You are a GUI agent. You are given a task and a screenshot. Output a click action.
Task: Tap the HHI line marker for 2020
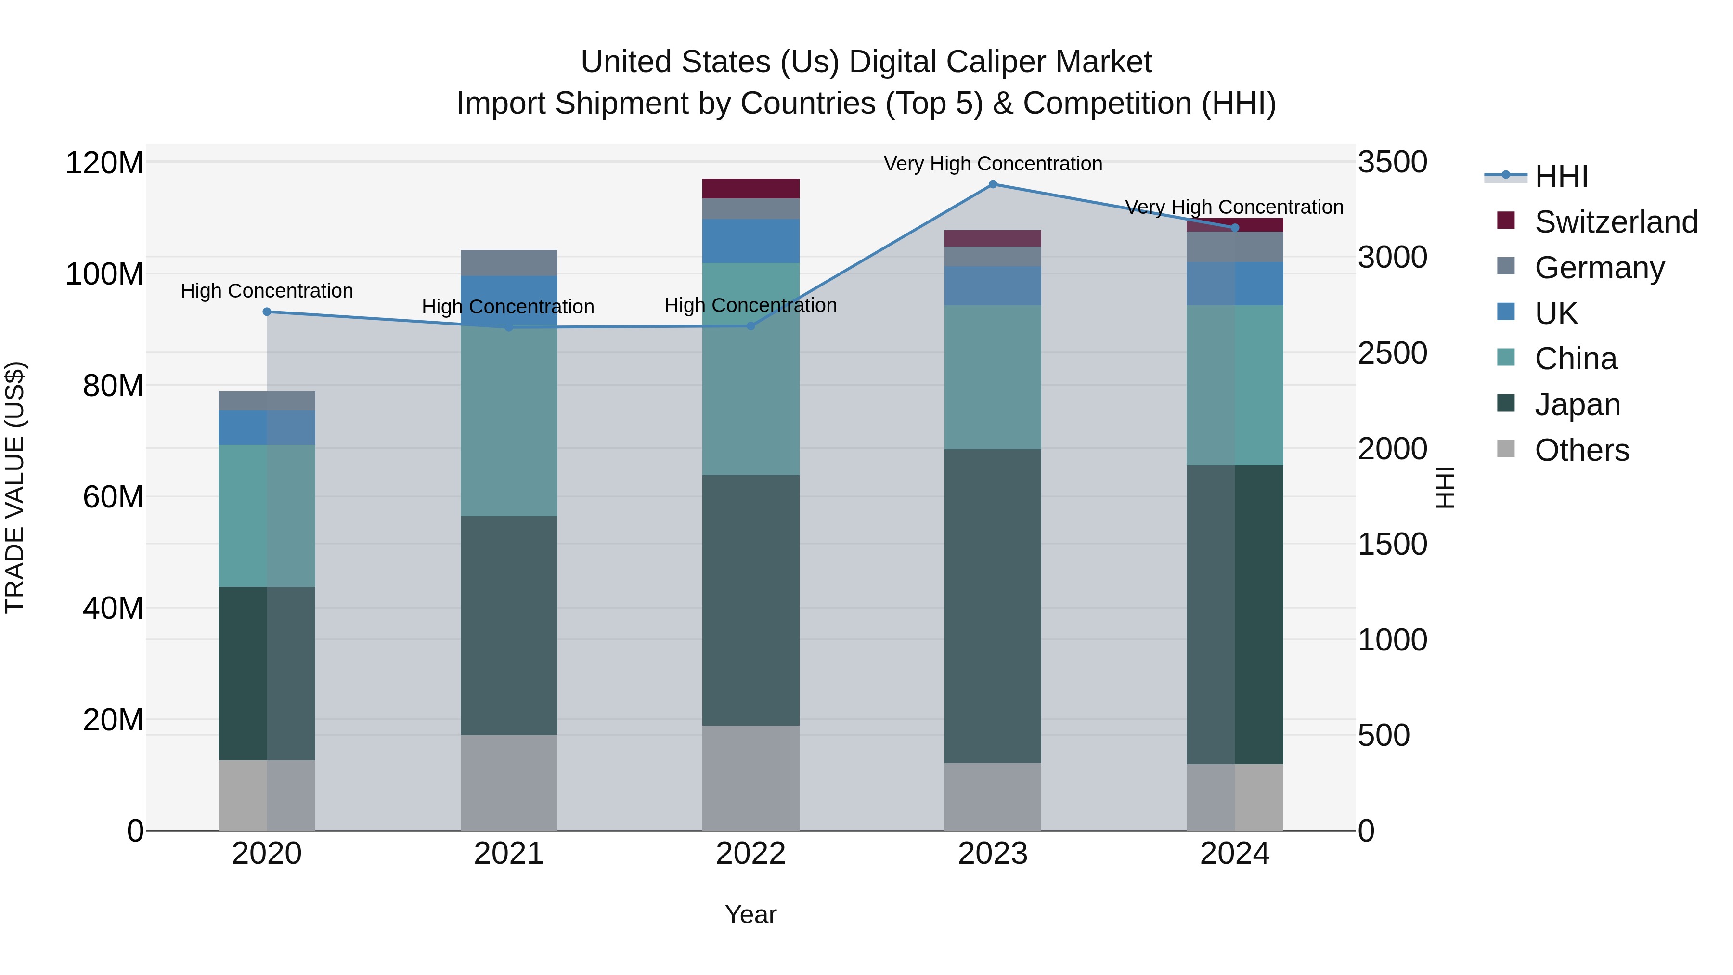click(x=267, y=312)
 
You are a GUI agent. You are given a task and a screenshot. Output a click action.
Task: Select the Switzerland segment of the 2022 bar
click(x=751, y=188)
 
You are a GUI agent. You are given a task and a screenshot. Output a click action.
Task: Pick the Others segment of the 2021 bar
click(x=509, y=782)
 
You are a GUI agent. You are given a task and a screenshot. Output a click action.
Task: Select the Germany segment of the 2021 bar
click(x=509, y=262)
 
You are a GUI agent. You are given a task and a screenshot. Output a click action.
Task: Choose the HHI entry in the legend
click(x=1561, y=176)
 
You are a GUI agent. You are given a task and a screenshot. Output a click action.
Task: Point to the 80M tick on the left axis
click(x=113, y=386)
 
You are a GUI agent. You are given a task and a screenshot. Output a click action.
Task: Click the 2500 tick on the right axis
click(x=1392, y=353)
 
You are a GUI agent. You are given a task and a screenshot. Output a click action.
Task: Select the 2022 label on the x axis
click(x=751, y=854)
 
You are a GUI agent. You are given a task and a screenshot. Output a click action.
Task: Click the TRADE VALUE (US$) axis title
click(x=15, y=487)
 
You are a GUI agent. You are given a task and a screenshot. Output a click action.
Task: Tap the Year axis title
click(x=751, y=914)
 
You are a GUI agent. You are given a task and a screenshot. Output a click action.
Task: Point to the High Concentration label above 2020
click(x=267, y=291)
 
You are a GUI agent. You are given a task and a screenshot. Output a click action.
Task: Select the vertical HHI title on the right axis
click(x=1445, y=487)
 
